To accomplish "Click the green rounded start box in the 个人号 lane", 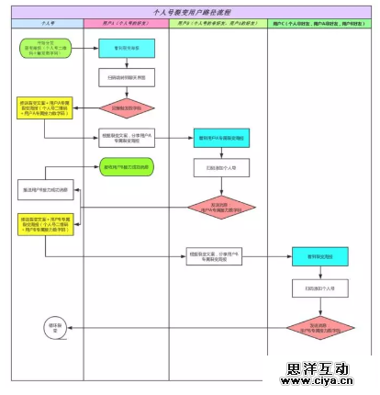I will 39,48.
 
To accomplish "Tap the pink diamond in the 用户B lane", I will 219,209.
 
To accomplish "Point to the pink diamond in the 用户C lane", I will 318,326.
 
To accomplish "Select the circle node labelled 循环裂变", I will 54,327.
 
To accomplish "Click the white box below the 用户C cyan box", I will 318,288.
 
